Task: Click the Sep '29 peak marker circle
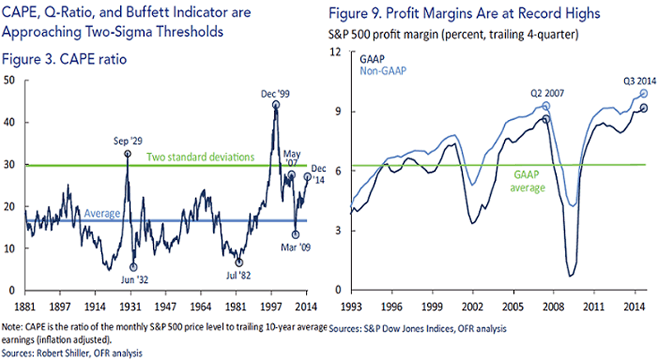click(127, 154)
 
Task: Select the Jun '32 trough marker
click(134, 267)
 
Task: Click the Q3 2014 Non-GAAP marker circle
click(644, 94)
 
